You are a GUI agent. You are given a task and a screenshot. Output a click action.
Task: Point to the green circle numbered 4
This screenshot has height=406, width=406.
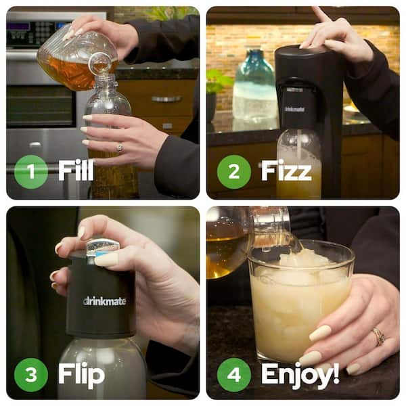coord(233,375)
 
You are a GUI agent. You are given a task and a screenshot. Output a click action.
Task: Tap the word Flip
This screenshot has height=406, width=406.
coord(81,374)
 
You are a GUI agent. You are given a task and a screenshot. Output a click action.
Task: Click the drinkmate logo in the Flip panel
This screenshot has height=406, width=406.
coord(104,300)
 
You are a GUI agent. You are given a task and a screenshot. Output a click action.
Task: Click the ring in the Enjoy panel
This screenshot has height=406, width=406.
coord(379,336)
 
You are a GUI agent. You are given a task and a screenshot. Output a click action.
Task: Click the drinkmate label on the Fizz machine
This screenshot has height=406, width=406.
coord(294,107)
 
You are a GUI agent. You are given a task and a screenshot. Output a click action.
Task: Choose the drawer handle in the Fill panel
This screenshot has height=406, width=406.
coord(166,99)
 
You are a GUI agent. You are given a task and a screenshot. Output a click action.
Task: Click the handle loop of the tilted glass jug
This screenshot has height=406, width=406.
coord(99,63)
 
